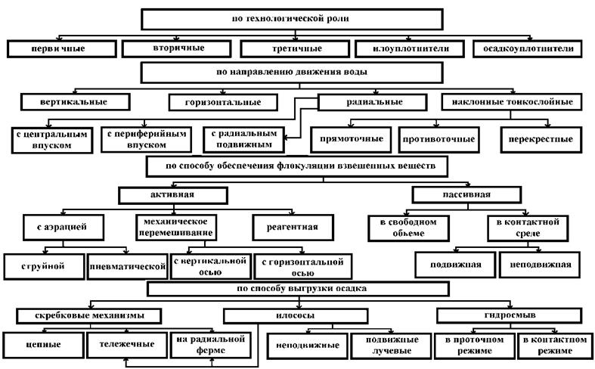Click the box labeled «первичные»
pyautogui.click(x=62, y=49)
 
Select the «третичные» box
pyautogui.click(x=295, y=49)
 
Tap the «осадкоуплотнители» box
pyautogui.click(x=528, y=49)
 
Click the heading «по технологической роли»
pyautogui.click(x=292, y=20)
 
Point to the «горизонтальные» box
pyautogui.click(x=223, y=102)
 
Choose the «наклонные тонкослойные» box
pyautogui.click(x=512, y=102)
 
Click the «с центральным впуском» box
pyautogui.click(x=52, y=140)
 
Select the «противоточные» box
pyautogui.click(x=439, y=139)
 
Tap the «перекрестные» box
pyautogui.click(x=541, y=139)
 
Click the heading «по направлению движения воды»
pyautogui.click(x=292, y=73)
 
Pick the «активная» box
pyautogui.click(x=173, y=196)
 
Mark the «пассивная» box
pyautogui.click(x=466, y=195)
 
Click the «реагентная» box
pyautogui.click(x=293, y=228)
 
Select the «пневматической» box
pyautogui.click(x=128, y=266)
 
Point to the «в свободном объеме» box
pyautogui.click(x=408, y=228)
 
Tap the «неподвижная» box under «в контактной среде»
pyautogui.click(x=540, y=265)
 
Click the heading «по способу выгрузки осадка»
pyautogui.click(x=298, y=289)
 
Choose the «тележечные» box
pyautogui.click(x=127, y=345)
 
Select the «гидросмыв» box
pyautogui.click(x=510, y=315)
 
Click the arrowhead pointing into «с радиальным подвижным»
pyautogui.click(x=285, y=138)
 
